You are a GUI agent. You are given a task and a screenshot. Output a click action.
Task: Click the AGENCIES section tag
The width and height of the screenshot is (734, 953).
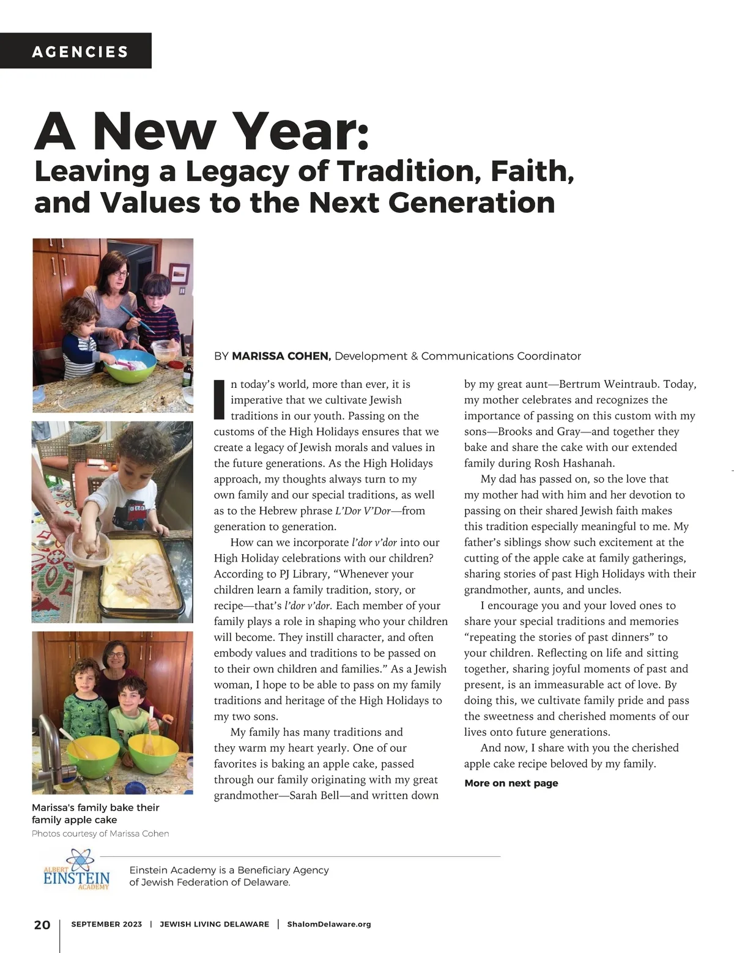[80, 51]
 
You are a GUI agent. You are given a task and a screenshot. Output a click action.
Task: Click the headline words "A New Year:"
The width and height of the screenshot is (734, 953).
[202, 132]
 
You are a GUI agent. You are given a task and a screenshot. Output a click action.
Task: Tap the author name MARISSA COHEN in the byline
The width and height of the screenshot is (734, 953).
[281, 356]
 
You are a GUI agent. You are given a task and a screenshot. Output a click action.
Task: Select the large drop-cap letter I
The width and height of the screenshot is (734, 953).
[219, 399]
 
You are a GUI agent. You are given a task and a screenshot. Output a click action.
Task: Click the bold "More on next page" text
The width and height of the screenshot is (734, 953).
[511, 783]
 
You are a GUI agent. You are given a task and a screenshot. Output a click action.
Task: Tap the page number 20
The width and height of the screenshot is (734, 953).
[42, 924]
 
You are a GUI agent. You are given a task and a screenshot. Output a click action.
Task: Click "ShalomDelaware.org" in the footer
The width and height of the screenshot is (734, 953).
[329, 924]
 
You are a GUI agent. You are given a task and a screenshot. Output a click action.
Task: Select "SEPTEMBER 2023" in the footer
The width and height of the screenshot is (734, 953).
[106, 924]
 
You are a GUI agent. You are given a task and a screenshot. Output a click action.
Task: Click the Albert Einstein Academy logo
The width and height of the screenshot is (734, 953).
[76, 869]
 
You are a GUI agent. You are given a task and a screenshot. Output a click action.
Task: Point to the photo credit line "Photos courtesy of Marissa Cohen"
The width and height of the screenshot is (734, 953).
[100, 834]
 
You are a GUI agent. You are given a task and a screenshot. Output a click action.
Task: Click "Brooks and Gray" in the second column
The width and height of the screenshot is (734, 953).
[539, 431]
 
